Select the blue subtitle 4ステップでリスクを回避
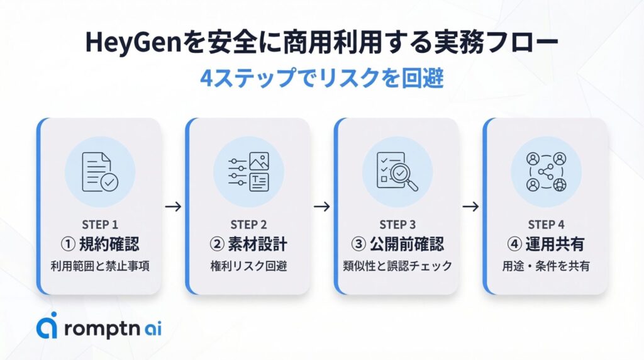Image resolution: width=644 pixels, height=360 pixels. [x=321, y=79]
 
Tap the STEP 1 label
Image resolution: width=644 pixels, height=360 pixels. [x=100, y=225]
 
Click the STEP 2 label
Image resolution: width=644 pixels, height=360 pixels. [x=248, y=225]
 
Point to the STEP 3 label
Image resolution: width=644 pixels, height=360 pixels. [x=397, y=225]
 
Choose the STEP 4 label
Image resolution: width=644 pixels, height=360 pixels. [x=546, y=225]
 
